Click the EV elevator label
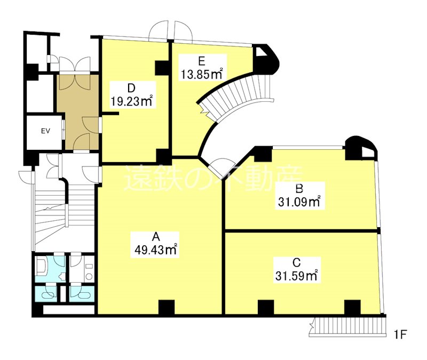coord(45,131)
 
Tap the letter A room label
coord(155,237)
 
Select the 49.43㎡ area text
coord(156,250)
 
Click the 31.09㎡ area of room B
coord(299,202)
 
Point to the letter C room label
coord(296,262)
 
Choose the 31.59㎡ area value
coord(296,276)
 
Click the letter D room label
coord(131,88)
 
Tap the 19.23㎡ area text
coord(131,101)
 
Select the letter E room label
coord(202,61)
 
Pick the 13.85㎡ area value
coord(202,74)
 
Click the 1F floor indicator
coord(400,334)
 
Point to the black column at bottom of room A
coord(167,307)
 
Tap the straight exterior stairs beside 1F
coord(349,327)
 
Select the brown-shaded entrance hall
coord(78,112)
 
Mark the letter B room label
coord(299,189)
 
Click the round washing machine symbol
coord(89,277)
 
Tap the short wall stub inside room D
coord(110,113)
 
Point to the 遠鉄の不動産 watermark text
coord(213,178)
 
